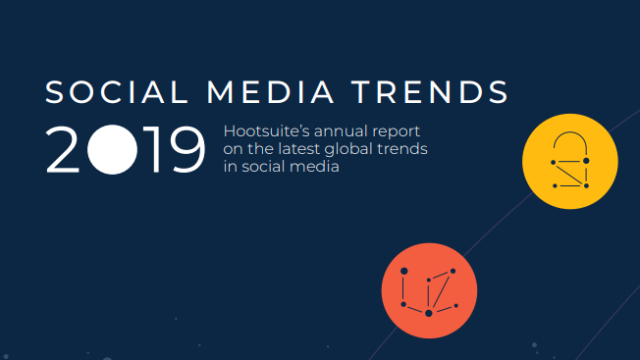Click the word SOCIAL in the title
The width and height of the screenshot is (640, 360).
pos(115,92)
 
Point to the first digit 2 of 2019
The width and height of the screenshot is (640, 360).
pos(65,150)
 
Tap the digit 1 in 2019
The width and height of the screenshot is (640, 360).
pos(148,150)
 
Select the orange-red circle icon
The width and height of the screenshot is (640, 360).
pos(429,290)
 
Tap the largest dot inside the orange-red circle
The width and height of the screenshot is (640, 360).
pos(428,313)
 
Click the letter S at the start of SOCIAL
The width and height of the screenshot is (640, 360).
pos(55,92)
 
